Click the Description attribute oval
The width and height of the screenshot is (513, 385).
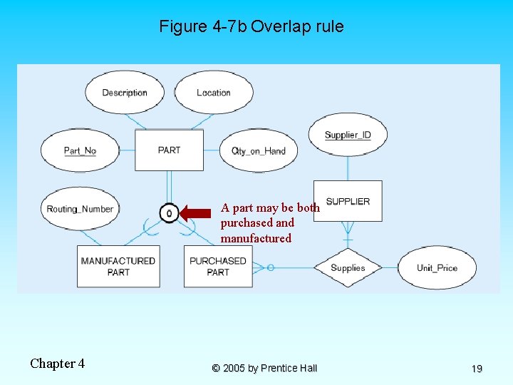125,93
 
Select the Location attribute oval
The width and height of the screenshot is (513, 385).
213,93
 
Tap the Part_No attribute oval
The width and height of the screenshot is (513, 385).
80,150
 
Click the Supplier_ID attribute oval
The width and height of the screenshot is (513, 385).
348,134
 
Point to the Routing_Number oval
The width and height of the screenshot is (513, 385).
80,209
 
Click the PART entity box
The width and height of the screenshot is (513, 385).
169,150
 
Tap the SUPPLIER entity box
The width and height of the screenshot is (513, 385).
348,201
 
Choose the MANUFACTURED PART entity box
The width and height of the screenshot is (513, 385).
118,266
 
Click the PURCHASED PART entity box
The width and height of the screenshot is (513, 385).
218,266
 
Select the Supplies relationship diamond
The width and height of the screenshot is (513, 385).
348,267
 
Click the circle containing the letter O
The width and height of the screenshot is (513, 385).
169,212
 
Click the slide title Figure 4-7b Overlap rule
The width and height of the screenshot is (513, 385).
251,27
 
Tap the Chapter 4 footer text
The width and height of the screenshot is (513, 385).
57,364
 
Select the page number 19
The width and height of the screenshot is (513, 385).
477,369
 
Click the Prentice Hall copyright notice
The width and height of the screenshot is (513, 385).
264,368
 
